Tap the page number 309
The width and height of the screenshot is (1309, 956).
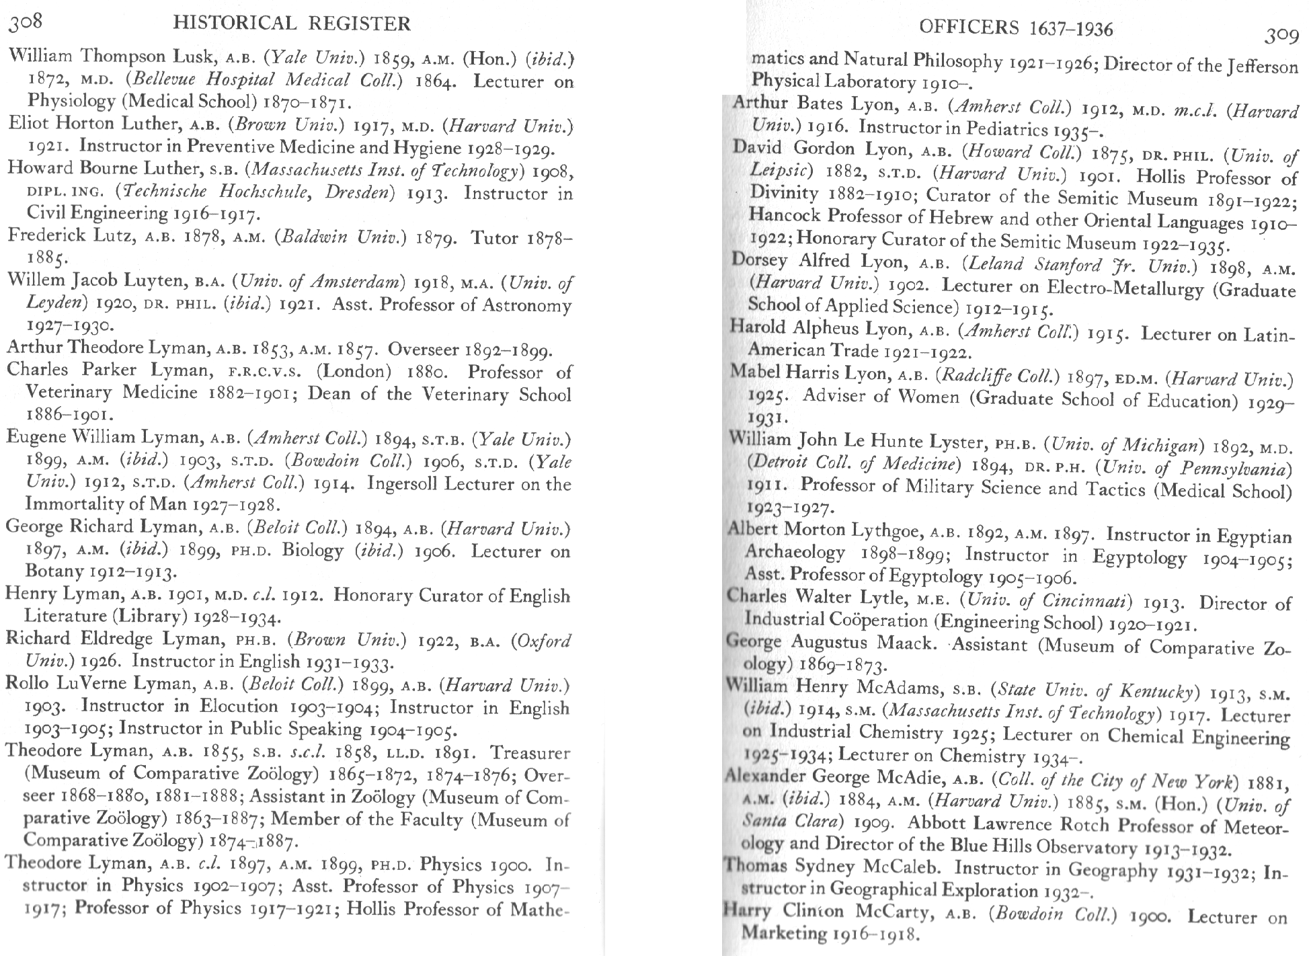(x=1281, y=36)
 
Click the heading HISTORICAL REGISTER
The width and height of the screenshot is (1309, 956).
(x=292, y=24)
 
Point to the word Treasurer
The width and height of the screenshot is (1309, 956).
(x=530, y=753)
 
